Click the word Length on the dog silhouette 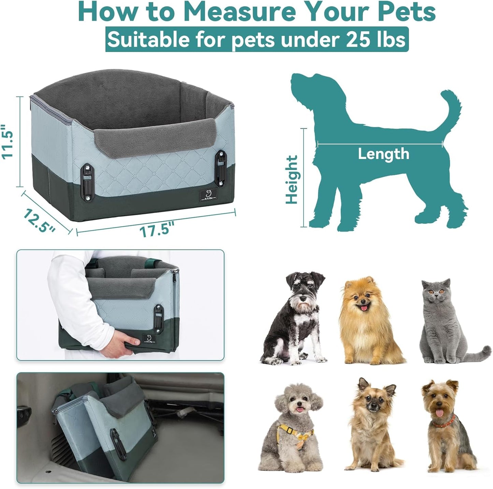[383, 154]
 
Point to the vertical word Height [292, 180]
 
